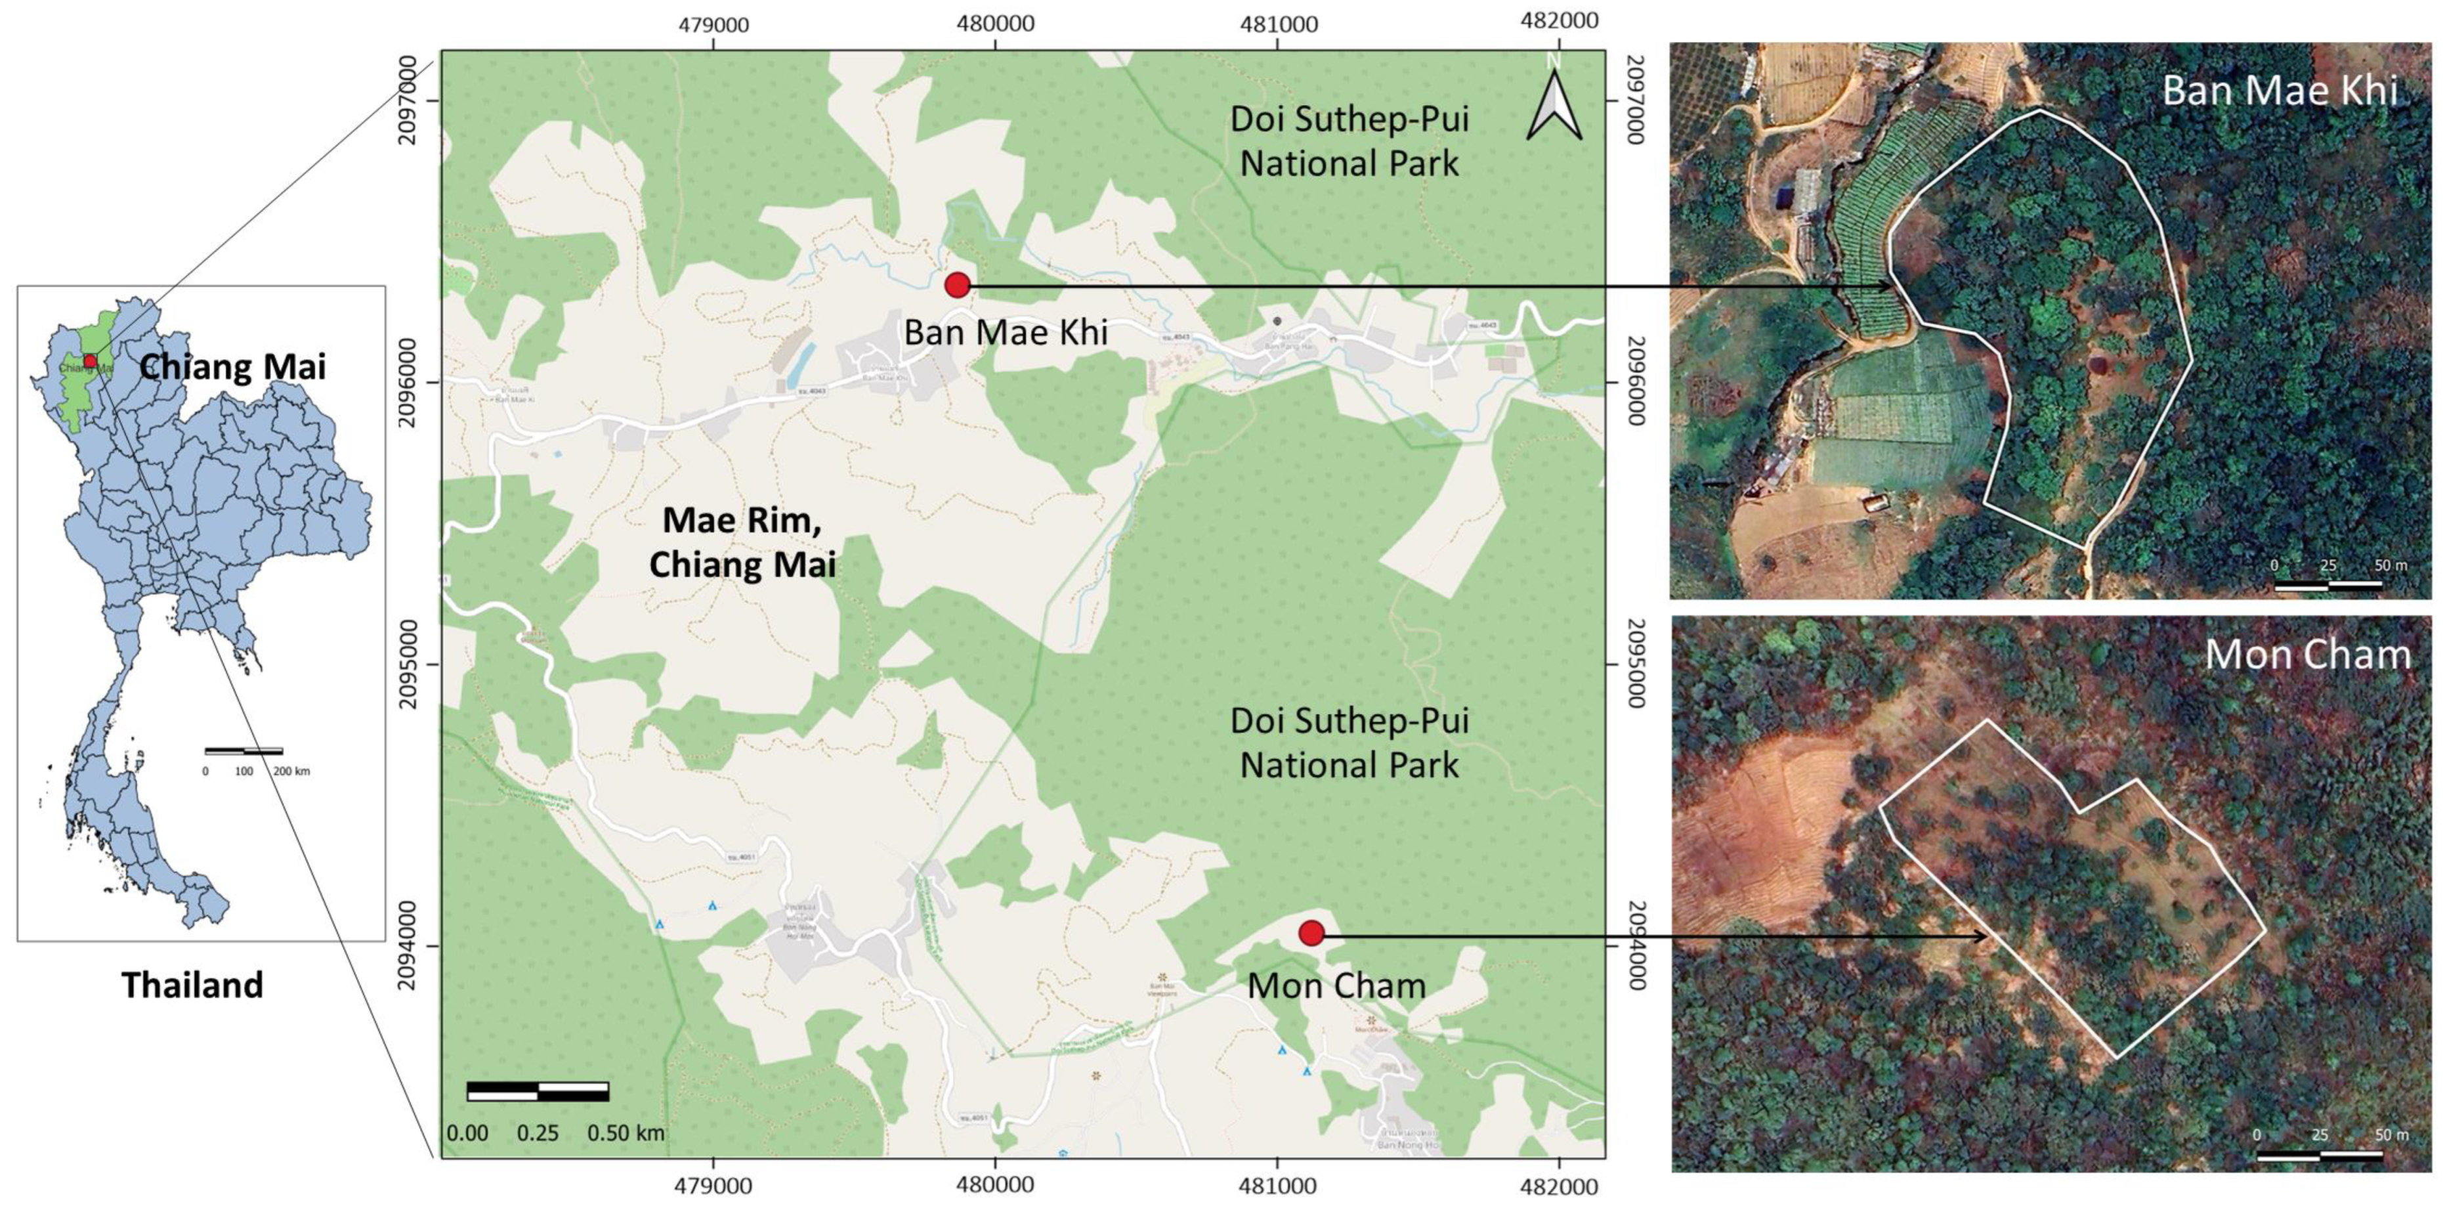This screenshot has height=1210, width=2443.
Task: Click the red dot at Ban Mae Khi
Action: coord(957,284)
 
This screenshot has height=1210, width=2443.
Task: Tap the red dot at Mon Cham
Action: coord(1311,933)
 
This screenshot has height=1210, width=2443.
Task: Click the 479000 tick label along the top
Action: coord(713,24)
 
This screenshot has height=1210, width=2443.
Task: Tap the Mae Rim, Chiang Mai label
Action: coord(742,542)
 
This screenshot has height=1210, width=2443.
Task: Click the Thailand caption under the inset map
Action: coord(192,985)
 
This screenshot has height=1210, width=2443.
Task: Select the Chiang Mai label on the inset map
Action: coord(232,366)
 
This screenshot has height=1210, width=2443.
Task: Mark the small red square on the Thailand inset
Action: coord(90,361)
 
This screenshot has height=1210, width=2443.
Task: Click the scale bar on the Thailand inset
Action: coord(244,751)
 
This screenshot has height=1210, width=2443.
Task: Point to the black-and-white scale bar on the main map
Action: coord(538,1091)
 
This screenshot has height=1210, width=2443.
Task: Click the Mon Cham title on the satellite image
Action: coord(2306,655)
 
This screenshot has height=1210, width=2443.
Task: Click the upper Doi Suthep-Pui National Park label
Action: coord(1349,141)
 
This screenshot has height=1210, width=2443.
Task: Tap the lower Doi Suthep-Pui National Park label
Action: coord(1349,743)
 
